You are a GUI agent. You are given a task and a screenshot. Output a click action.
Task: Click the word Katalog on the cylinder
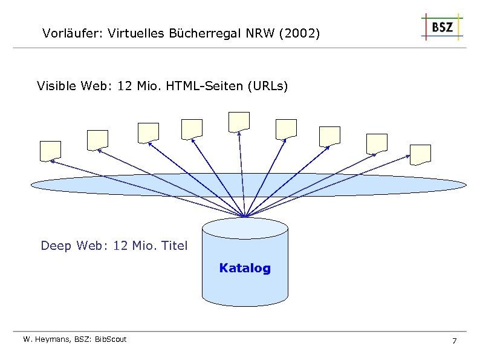click(x=245, y=268)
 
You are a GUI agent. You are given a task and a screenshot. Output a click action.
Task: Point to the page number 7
click(x=454, y=342)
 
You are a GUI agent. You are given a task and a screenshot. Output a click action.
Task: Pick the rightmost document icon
click(x=420, y=154)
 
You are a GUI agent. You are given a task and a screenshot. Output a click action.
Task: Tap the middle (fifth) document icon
click(x=239, y=122)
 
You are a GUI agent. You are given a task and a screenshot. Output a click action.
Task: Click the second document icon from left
click(x=97, y=140)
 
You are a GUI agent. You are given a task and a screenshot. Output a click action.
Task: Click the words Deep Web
click(x=66, y=246)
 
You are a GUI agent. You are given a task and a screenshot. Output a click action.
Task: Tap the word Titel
click(x=174, y=246)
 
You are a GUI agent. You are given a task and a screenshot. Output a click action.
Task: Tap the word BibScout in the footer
click(x=111, y=339)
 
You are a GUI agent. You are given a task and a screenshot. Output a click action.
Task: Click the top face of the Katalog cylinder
click(x=245, y=228)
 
